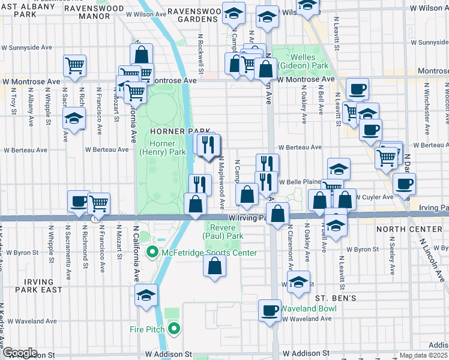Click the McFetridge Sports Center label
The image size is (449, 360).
pos(209,253)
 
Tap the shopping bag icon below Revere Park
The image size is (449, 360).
pos(215,266)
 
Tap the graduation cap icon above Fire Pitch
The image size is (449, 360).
pos(146,295)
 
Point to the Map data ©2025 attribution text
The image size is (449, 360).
pos(423,355)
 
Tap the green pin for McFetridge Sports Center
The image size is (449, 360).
pos(152,253)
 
